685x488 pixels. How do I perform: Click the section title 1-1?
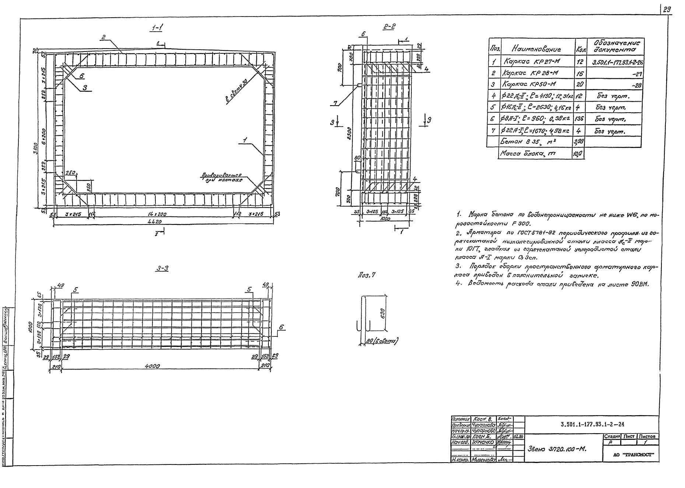(x=157, y=28)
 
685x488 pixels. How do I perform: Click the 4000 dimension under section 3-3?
(x=152, y=366)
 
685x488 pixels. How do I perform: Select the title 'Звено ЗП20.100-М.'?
(x=557, y=449)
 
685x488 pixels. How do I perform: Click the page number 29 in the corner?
(x=667, y=10)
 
